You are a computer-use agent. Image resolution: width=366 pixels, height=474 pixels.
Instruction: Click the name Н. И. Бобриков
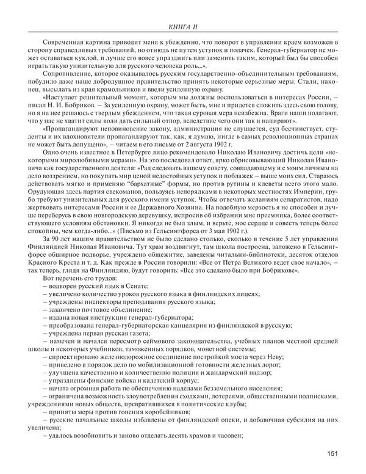click(71, 113)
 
